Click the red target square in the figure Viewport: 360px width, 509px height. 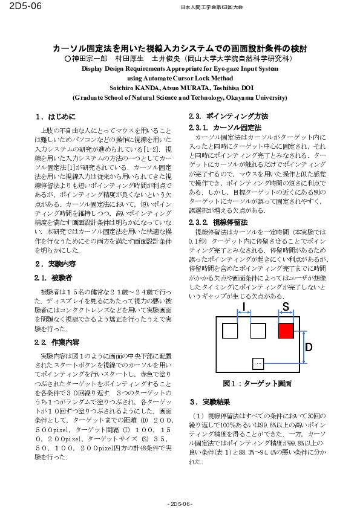click(286, 331)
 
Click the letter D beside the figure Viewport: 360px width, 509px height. click(308, 347)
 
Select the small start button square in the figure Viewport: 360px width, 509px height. click(258, 363)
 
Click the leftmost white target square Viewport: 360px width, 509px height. click(230, 331)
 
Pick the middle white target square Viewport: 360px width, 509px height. click(258, 331)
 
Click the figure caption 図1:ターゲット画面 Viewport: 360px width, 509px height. click(257, 384)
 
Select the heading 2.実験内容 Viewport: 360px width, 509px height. click(55, 264)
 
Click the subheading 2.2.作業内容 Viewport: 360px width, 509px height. click(57, 342)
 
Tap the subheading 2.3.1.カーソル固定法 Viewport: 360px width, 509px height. click(225, 128)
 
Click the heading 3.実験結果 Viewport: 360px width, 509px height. click(209, 401)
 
